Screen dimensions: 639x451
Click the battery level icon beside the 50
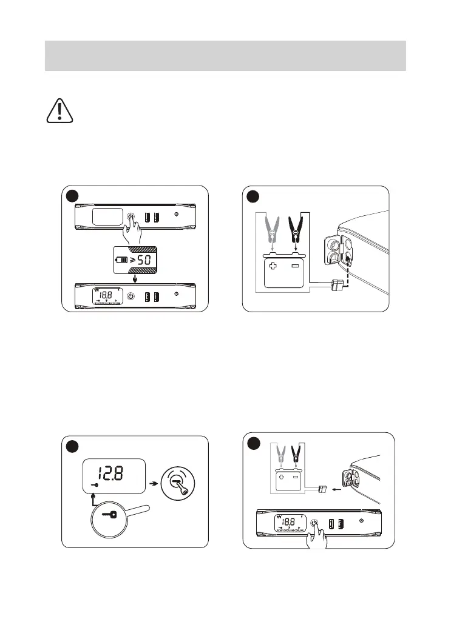tap(123, 261)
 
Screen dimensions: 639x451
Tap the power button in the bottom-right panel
tap(314, 523)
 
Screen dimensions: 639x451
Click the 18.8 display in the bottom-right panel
tap(288, 522)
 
